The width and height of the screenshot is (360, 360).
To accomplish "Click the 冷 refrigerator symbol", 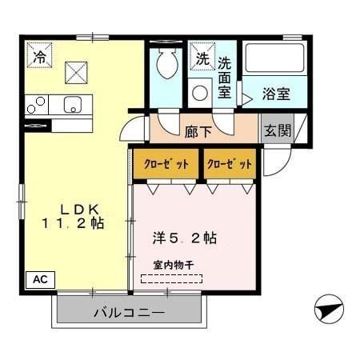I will [x=39, y=56].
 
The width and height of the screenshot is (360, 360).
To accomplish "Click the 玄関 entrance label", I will [x=278, y=130].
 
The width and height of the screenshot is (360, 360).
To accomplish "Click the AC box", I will [x=42, y=279].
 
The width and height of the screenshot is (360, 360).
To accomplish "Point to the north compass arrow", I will [x=329, y=307].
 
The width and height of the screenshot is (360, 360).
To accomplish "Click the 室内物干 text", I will [x=173, y=266].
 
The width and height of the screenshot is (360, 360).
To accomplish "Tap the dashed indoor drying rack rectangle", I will [x=172, y=279].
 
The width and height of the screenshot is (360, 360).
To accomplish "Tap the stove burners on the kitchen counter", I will [x=36, y=104].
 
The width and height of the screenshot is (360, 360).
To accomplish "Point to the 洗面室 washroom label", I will [x=225, y=78].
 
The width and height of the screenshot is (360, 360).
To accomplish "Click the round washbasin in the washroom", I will [x=200, y=91].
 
